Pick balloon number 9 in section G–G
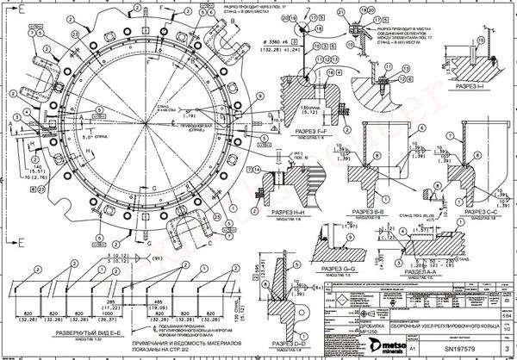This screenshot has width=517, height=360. (352, 226)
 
